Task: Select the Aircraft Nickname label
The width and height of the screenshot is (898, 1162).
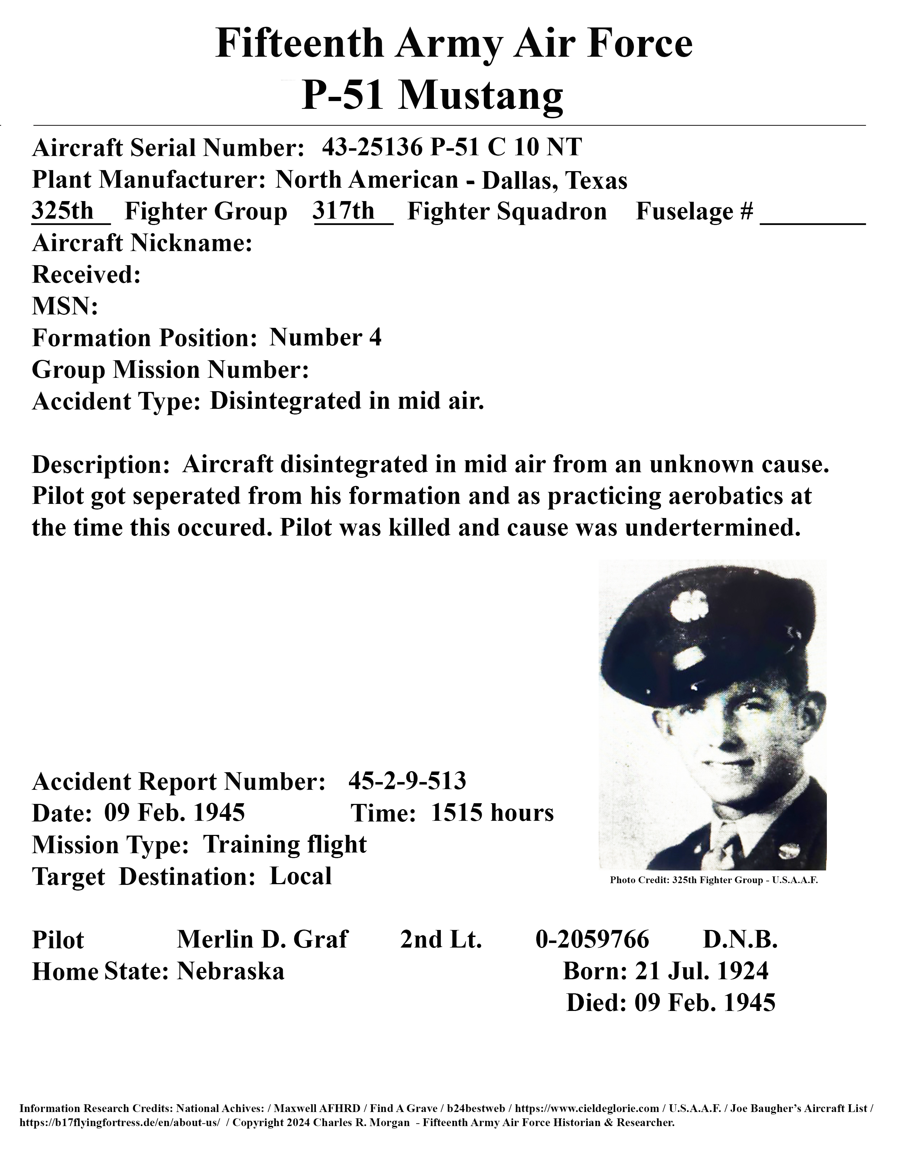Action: pos(142,243)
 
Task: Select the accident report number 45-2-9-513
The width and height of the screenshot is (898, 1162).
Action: pos(407,781)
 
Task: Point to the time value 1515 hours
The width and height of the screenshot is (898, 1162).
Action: pos(492,813)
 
